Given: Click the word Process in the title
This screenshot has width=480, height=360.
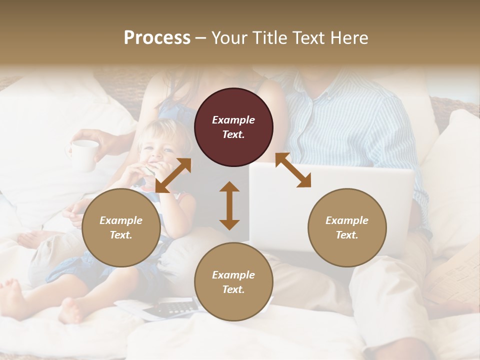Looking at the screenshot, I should tap(157, 38).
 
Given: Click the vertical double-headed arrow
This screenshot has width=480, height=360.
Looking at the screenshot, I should tap(229, 205).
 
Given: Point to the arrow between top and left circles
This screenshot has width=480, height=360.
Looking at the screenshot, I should tap(173, 175).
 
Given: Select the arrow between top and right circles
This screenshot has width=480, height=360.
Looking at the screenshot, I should tap(293, 170).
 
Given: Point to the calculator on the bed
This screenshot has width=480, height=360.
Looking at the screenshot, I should tap(165, 309).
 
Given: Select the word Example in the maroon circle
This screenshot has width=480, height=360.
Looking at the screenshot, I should tap(233, 120).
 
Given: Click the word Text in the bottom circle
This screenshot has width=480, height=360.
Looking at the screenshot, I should tap(233, 289).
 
